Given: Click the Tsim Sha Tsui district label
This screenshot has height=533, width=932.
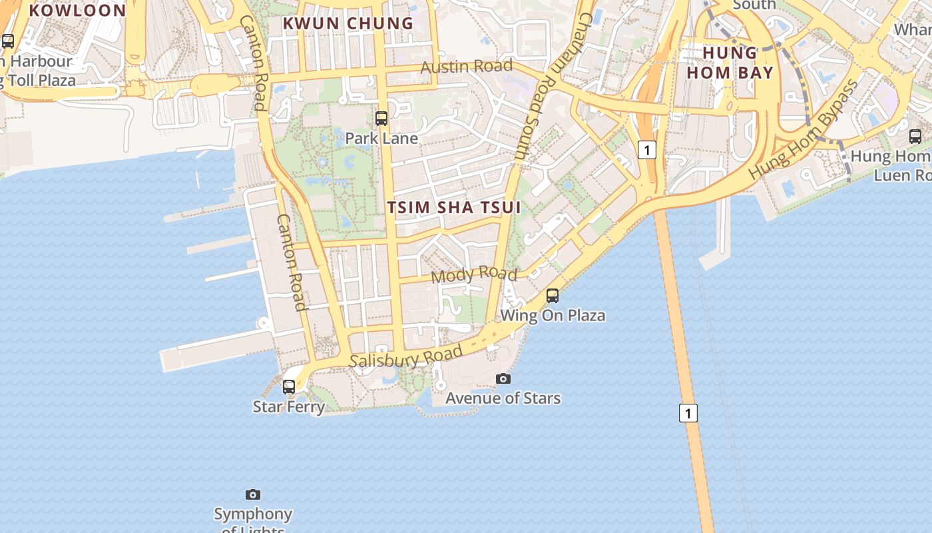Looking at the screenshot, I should (454, 207).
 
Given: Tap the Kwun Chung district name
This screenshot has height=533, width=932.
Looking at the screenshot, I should (348, 23).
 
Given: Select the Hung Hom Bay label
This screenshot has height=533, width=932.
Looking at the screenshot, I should (730, 63).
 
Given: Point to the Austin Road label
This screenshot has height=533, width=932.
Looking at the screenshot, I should (467, 67).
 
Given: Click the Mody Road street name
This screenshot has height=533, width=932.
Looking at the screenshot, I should (474, 274).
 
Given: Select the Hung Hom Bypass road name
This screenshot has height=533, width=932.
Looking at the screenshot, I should (804, 130).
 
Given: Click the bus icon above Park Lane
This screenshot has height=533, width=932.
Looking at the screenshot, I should (381, 119).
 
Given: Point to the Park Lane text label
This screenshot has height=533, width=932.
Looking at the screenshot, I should (381, 139).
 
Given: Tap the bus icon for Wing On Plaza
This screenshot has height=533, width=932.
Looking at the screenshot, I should (553, 296).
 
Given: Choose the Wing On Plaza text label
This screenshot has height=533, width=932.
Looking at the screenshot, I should (553, 315).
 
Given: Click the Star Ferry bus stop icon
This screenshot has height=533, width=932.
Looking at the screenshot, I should (289, 386).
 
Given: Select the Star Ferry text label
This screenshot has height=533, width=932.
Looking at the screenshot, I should (289, 406).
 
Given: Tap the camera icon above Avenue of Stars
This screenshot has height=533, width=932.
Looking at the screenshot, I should (503, 378).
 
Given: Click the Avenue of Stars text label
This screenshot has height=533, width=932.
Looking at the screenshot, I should (503, 398).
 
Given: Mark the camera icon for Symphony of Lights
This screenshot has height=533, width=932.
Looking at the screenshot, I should (253, 494).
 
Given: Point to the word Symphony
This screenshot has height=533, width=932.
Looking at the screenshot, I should (253, 514).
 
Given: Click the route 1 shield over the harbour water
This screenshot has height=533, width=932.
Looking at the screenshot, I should (688, 413).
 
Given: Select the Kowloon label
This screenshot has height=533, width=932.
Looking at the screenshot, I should (77, 10).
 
